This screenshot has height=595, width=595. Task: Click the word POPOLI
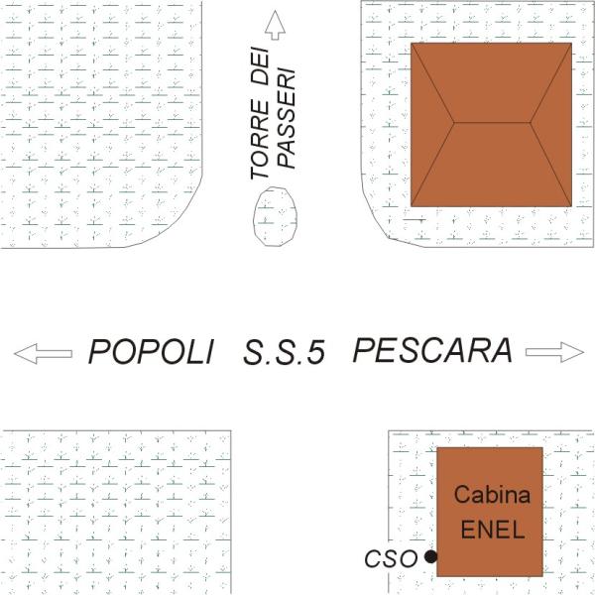coord(151,352)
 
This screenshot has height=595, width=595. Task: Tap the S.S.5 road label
coord(285,353)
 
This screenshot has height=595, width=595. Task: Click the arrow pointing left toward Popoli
coord(43,352)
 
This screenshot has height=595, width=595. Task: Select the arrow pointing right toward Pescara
coord(554,351)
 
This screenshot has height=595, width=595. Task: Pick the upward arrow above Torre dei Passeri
coord(275,26)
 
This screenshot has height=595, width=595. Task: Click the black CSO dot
coord(430,557)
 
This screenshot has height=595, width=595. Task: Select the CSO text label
coord(390,559)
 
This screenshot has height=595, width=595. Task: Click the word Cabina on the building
coord(493,495)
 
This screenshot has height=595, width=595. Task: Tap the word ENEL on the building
coord(492,527)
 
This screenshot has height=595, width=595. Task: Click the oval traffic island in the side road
coord(275,212)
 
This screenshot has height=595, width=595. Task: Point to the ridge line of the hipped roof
coord(493,124)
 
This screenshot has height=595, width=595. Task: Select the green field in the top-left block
coord(89,109)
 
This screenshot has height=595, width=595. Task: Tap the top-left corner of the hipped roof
coord(413,45)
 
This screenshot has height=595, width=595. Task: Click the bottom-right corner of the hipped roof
coord(571,205)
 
